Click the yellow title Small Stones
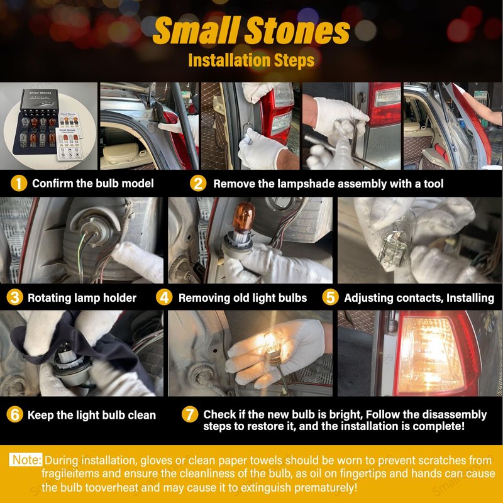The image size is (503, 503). coord(251,30)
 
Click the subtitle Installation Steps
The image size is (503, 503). coord(251,60)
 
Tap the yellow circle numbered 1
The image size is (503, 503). coord(19,184)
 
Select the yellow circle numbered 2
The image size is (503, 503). coord(198,184)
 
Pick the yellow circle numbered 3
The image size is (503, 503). coord(14,297)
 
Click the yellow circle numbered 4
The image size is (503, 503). coord(164,297)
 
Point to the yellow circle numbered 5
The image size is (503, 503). coord(331,297)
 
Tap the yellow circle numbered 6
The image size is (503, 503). coord(14,414)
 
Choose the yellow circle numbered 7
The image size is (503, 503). coord(190,414)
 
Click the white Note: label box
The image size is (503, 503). coord(26,460)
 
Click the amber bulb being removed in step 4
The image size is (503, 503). coord(243,218)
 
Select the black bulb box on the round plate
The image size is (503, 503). coord(40,101)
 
